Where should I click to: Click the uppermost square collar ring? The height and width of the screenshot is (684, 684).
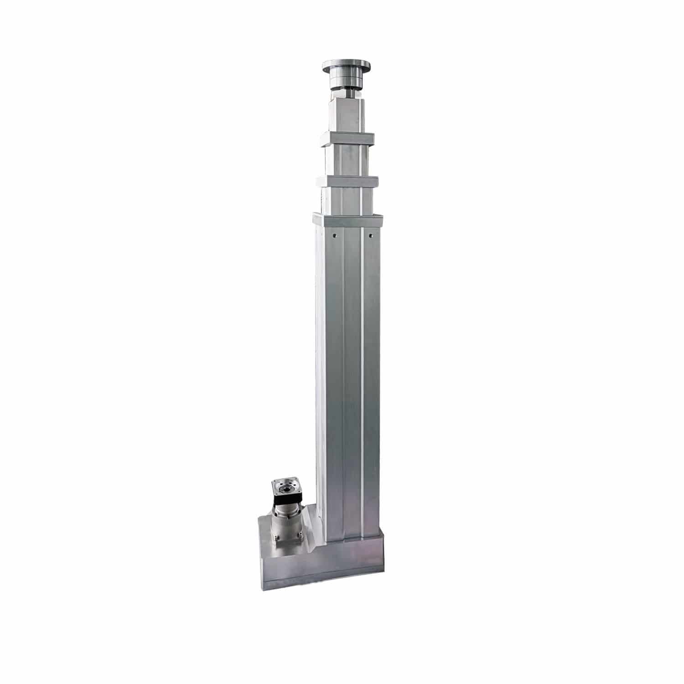[x=347, y=139]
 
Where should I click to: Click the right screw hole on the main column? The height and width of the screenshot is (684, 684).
[x=370, y=236]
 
